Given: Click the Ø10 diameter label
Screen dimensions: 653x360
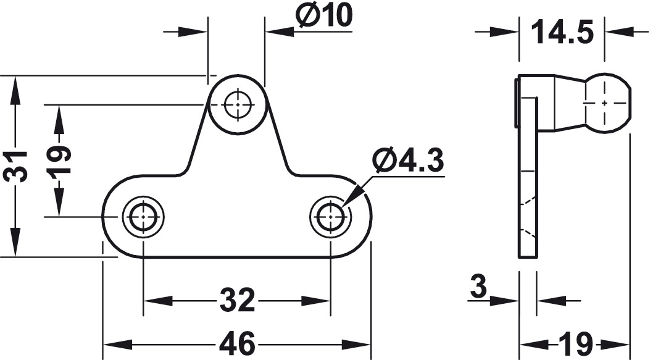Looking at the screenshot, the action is coord(324,15).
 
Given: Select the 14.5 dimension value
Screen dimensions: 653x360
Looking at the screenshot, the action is coord(562,31).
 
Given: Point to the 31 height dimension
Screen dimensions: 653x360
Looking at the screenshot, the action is coord(15,166).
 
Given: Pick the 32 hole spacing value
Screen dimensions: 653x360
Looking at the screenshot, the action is coord(237,300).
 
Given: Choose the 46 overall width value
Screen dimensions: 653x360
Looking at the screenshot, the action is coord(237,345).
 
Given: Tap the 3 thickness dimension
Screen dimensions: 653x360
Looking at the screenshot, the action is coord(478,287).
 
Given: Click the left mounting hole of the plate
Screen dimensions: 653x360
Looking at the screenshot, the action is coord(143,217).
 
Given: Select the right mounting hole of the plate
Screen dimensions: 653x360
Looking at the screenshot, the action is coord(331,217).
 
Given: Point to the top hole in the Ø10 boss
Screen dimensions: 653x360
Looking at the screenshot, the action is coord(238,104).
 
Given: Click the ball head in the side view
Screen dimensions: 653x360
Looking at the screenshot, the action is coord(607,103).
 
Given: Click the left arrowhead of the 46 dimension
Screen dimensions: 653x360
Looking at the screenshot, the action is coord(117,345).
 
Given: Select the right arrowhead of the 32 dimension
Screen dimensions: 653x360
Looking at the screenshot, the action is coord(316,300).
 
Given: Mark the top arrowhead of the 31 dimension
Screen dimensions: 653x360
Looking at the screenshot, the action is coord(15,90).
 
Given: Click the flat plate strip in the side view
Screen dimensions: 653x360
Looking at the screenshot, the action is coord(528,177).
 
